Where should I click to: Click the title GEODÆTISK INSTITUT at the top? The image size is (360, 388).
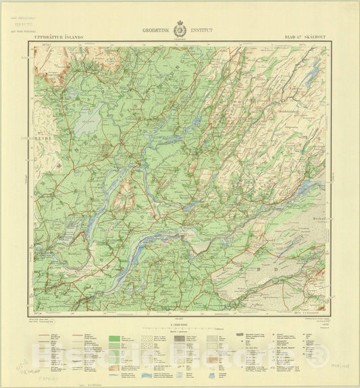[x=180, y=30]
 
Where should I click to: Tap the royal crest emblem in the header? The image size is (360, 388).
[x=180, y=30]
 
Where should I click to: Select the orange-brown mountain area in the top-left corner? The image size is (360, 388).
[x=51, y=61]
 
